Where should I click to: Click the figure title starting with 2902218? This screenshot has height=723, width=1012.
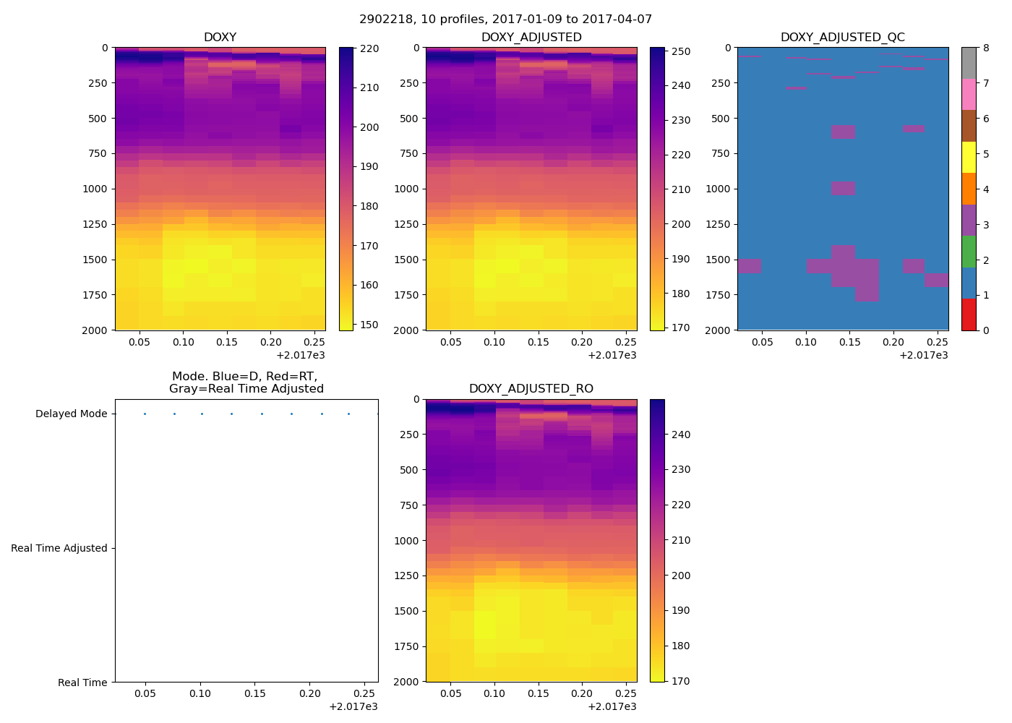(x=506, y=20)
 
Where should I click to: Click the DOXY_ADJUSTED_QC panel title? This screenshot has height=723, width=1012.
(x=842, y=37)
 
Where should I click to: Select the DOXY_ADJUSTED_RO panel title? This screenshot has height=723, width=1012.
(x=531, y=389)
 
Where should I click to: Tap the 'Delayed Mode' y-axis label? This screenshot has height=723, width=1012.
(x=71, y=414)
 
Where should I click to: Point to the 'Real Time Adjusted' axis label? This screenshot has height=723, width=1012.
(x=59, y=548)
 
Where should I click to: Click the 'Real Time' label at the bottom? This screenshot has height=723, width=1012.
(x=82, y=683)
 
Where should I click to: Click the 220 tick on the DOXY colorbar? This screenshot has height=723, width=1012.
(x=369, y=48)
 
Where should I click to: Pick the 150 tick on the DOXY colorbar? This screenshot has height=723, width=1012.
(x=369, y=325)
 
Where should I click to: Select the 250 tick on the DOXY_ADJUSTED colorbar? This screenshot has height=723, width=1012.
(x=681, y=51)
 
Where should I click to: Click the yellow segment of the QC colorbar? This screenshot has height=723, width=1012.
(x=969, y=157)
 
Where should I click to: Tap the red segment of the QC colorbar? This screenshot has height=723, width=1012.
(x=969, y=315)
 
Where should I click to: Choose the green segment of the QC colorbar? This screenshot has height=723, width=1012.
(x=969, y=252)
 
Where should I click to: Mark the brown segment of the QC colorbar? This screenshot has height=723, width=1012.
(x=969, y=126)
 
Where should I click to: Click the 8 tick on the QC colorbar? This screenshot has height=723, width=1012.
(x=986, y=48)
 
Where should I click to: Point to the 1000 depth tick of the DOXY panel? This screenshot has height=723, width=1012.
(x=96, y=189)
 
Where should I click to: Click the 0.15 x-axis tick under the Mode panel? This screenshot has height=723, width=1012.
(x=255, y=693)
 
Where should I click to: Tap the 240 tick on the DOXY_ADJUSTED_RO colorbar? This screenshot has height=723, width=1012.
(x=681, y=435)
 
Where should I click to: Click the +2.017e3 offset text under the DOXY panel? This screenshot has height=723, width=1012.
(x=301, y=355)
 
